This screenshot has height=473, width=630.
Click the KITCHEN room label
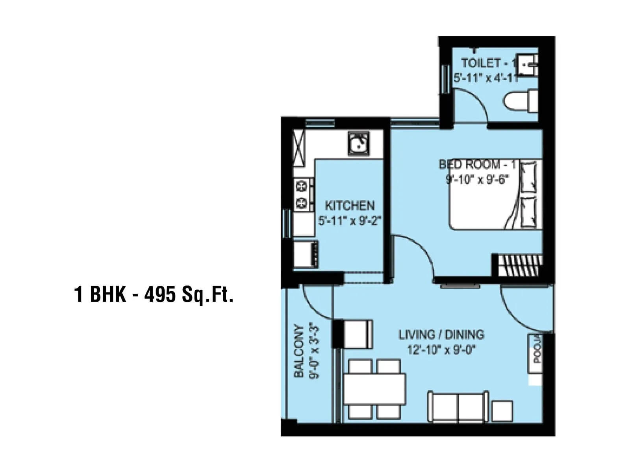[349, 206]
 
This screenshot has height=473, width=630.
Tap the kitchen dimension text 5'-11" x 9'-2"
[350, 221]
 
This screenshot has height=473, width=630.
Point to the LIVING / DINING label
[441, 335]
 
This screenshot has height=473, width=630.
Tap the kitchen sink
[358, 143]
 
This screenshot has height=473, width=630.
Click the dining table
[374, 389]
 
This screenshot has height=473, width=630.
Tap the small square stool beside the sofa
[502, 411]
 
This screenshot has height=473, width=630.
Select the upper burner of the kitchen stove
[302, 185]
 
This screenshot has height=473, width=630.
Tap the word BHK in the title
[108, 294]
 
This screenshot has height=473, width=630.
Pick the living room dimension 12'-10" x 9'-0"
[441, 350]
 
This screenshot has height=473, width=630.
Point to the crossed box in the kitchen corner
[299, 143]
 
